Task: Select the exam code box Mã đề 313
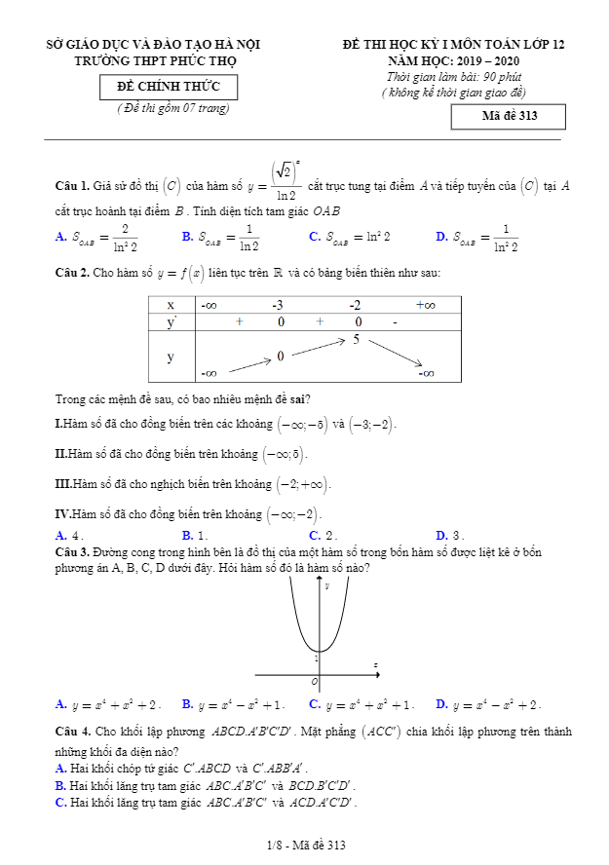click(509, 117)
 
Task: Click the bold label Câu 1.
click(73, 185)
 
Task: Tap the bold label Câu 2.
click(73, 274)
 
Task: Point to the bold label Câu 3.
click(73, 551)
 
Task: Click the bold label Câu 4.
click(73, 732)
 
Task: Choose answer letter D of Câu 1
click(441, 236)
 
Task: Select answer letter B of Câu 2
click(187, 535)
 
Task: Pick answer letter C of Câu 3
click(314, 704)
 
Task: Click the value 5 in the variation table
click(357, 340)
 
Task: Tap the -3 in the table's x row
click(278, 305)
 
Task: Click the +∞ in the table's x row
click(425, 305)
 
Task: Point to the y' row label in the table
click(171, 321)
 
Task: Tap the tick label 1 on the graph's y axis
click(315, 659)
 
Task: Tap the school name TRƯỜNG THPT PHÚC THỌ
click(155, 60)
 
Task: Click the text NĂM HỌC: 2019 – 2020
click(453, 60)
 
